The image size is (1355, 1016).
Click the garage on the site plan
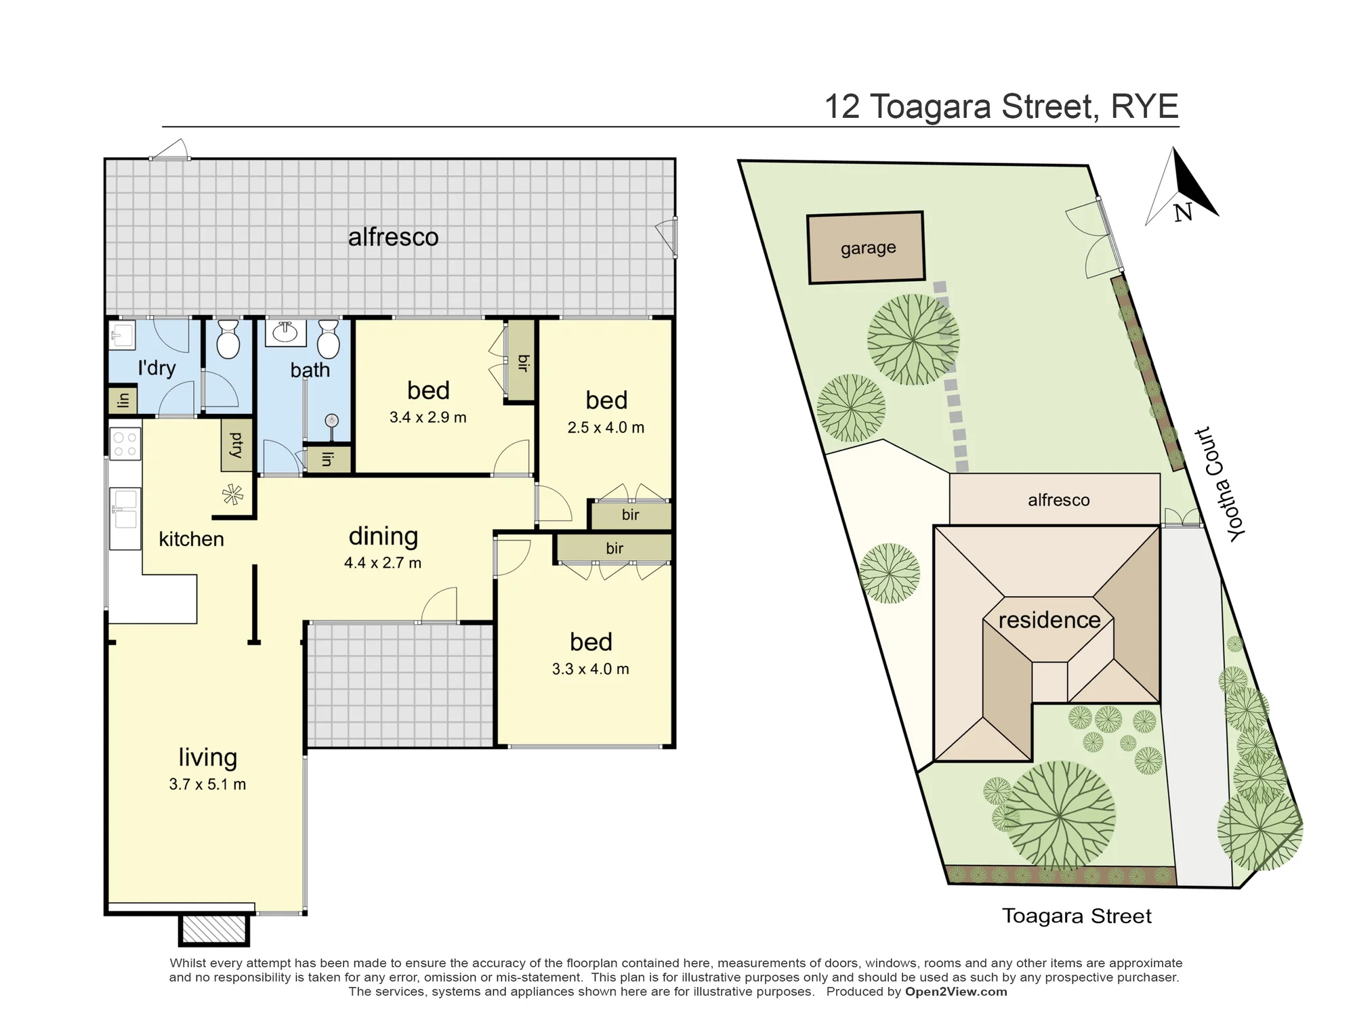pos(867,247)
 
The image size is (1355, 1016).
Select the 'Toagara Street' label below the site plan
pos(1077,916)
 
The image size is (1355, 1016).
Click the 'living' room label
pos(207,757)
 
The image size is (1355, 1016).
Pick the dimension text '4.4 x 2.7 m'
pos(383,563)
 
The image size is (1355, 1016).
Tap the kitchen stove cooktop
pos(125,443)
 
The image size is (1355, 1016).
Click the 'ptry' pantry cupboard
pos(236,445)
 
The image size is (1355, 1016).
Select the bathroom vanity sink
pos(285,333)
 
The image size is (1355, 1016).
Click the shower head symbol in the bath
pos(331,421)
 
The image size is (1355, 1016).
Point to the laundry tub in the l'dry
pos(123,335)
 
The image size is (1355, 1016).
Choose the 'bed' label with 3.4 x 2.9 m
pos(428,390)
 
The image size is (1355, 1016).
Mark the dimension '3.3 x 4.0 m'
pos(590,669)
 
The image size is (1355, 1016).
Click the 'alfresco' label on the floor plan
pos(393,237)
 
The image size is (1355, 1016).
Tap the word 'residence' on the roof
pos(1049,620)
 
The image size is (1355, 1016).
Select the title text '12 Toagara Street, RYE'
pos(1001,106)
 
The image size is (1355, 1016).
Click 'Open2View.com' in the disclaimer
pos(956,992)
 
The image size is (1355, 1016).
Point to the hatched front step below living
pos(213,930)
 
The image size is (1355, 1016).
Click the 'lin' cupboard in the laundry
pos(123,400)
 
